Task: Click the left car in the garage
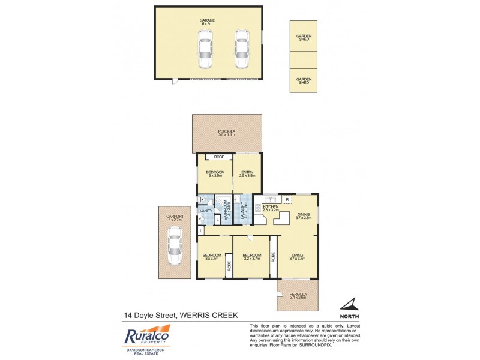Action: (205, 49)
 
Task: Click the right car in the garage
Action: (241, 49)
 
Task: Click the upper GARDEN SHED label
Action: (304, 38)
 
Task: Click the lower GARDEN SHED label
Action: (304, 80)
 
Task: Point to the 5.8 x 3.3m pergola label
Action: (226, 133)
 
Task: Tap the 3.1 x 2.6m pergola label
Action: (298, 296)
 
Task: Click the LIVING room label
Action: (298, 257)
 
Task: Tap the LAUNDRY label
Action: (244, 211)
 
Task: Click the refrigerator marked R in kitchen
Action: (287, 199)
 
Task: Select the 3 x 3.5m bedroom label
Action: (216, 174)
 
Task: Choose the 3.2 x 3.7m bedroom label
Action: (251, 257)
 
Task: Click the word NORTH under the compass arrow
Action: (349, 316)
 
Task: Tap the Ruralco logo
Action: (146, 337)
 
